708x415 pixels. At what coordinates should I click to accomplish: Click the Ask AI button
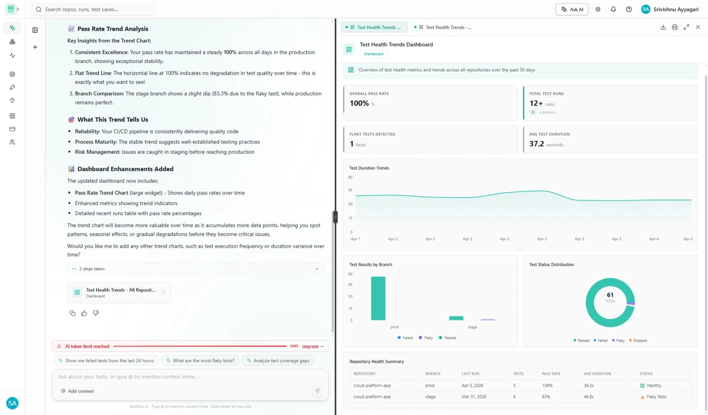[572, 10]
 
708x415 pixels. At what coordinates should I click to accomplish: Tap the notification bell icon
[613, 10]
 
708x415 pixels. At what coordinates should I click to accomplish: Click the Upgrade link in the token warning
[312, 346]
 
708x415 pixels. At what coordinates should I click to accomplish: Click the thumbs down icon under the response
[96, 313]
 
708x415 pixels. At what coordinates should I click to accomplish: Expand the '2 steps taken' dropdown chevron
[317, 269]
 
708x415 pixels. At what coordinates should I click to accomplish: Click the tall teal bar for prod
[378, 298]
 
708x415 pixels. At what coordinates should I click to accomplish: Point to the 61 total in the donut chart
[610, 295]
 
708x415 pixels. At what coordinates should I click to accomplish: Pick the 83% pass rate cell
[546, 397]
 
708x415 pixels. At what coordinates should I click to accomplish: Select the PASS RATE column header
[551, 374]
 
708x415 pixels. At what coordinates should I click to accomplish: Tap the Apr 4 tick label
[654, 239]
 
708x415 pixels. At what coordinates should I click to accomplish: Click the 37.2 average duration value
[536, 144]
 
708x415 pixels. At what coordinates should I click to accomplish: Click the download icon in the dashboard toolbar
[663, 27]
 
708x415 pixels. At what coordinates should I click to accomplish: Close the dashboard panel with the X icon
[698, 27]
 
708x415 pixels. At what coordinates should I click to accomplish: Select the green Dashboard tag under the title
[374, 54]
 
